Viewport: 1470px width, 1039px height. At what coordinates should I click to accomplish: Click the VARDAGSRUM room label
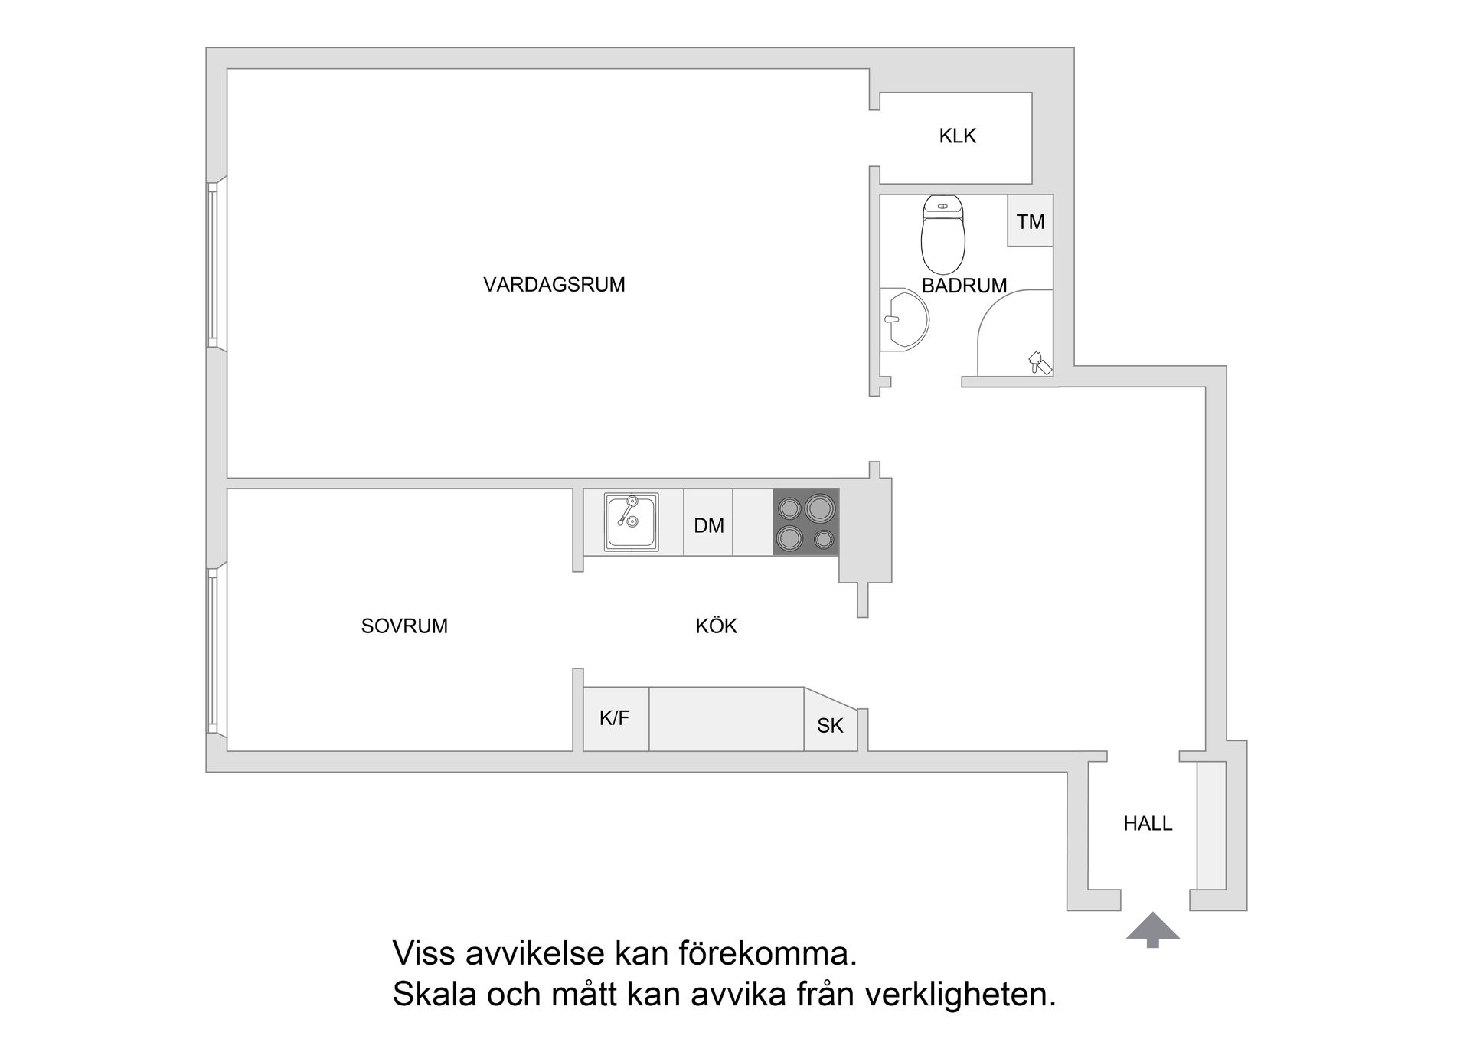pyautogui.click(x=554, y=285)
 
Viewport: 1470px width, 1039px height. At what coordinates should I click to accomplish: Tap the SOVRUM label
pyautogui.click(x=404, y=626)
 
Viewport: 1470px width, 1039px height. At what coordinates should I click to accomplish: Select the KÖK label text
pyautogui.click(x=716, y=626)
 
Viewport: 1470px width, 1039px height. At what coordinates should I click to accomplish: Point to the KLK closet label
pyautogui.click(x=957, y=136)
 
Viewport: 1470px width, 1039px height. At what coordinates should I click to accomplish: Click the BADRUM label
pyautogui.click(x=964, y=286)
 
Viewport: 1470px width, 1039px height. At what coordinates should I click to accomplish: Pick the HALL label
pyautogui.click(x=1148, y=824)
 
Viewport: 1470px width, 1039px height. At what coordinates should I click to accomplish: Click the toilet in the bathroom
pyautogui.click(x=942, y=234)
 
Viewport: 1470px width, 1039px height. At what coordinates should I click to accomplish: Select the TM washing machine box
pyautogui.click(x=1030, y=221)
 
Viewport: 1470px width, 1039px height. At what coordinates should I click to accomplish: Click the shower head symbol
pyautogui.click(x=1039, y=361)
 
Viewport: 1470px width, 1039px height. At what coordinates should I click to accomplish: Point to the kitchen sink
pyautogui.click(x=631, y=522)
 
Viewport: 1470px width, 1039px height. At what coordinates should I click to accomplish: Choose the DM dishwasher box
pyautogui.click(x=708, y=525)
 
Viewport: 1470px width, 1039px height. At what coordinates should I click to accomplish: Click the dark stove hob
pyautogui.click(x=806, y=522)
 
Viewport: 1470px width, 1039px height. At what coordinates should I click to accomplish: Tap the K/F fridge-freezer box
pyautogui.click(x=615, y=719)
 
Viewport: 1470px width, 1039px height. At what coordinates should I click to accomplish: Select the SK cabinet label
pyautogui.click(x=830, y=726)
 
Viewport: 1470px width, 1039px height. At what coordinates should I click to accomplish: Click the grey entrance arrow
pyautogui.click(x=1152, y=929)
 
